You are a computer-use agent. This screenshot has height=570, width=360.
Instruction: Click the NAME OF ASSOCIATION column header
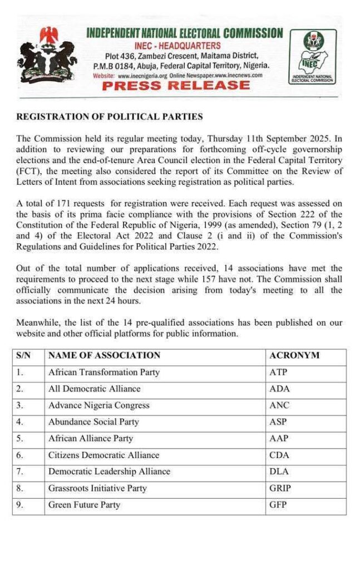tap(104, 355)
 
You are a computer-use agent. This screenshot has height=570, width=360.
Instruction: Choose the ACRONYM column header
tap(294, 355)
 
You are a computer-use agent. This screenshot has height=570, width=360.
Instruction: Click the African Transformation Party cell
tap(103, 372)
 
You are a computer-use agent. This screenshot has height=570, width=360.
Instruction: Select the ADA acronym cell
tap(279, 389)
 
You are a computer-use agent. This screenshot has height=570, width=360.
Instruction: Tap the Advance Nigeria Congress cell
tap(99, 405)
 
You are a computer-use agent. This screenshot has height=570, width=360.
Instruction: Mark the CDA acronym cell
tap(279, 455)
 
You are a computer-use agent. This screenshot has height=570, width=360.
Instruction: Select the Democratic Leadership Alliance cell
tap(109, 471)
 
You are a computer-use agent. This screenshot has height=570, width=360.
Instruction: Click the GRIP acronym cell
tap(280, 488)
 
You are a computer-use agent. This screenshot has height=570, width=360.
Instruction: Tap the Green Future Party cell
tap(84, 505)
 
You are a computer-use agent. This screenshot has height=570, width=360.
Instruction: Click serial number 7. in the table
tap(20, 471)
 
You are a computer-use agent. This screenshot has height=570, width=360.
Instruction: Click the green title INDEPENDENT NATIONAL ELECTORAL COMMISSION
tap(184, 33)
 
